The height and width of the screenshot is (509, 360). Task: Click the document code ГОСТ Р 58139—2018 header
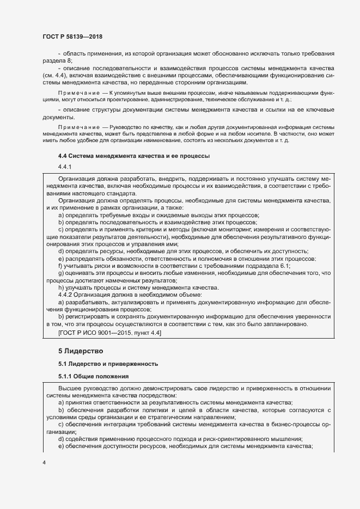pos(72,36)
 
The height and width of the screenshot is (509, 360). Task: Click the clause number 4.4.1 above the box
pos(65,167)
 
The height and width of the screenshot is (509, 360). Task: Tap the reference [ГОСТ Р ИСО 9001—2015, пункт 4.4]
pos(109,332)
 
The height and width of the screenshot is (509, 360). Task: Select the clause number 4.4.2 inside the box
pos(66,295)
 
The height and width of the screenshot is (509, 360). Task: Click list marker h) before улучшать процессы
pos(60,287)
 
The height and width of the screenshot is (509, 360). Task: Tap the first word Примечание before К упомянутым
pos(75,94)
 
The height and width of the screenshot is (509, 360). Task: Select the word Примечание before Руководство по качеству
pos(75,127)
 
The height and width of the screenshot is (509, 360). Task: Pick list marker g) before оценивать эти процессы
pos(60,273)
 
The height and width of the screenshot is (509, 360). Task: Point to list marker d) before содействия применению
pos(60,439)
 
